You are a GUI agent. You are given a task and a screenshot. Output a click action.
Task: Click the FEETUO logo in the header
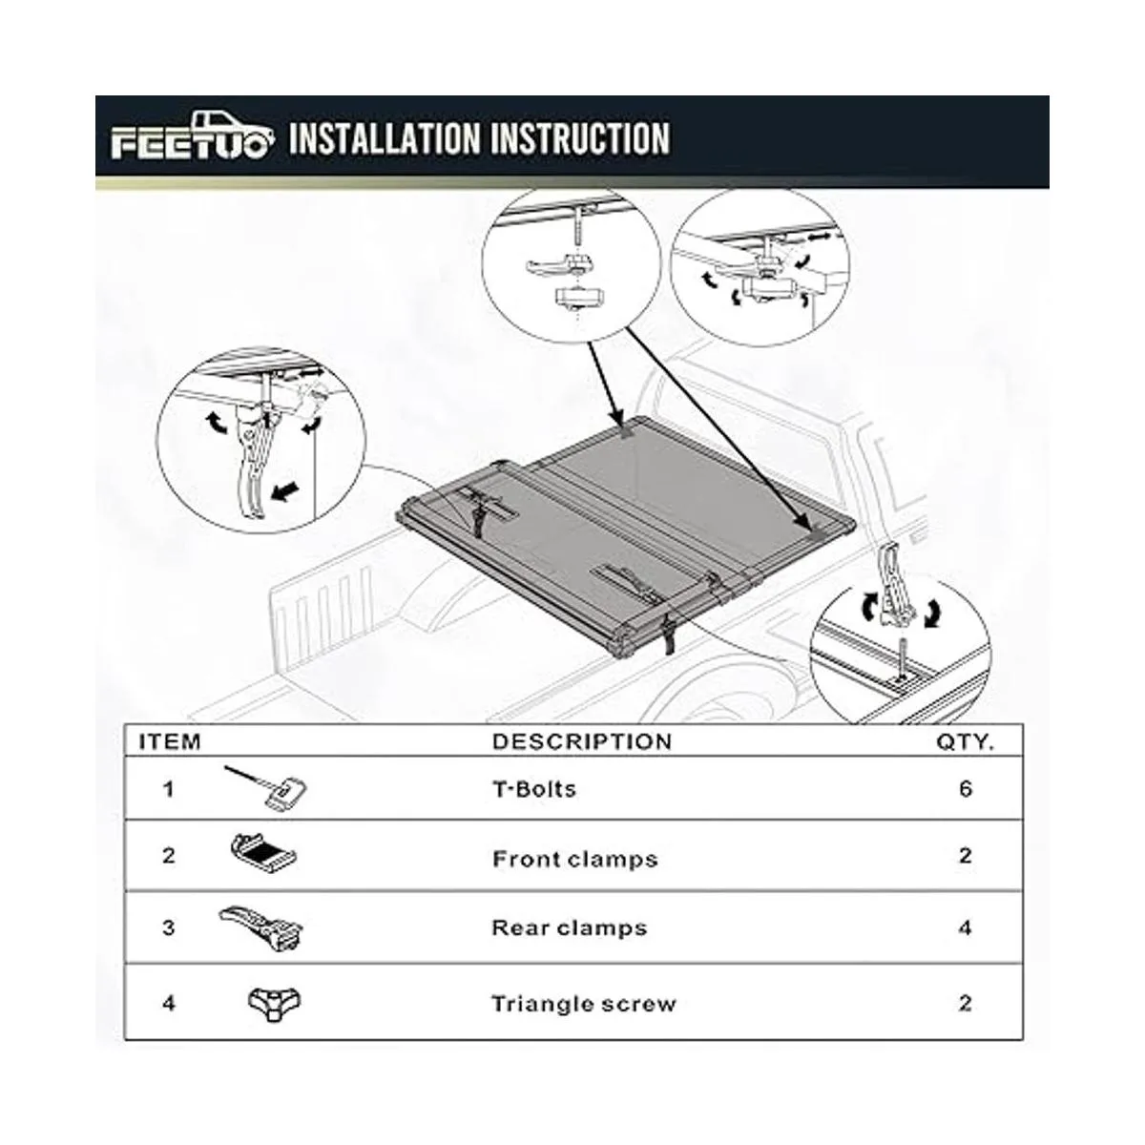click(x=192, y=136)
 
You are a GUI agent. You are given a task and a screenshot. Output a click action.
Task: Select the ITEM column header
click(x=170, y=741)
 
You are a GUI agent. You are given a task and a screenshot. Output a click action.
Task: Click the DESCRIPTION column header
click(x=582, y=741)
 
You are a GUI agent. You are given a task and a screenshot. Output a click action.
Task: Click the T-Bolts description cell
click(x=534, y=789)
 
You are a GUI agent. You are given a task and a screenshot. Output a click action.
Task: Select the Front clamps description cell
click(x=575, y=859)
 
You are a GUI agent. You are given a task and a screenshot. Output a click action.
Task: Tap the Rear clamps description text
click(x=570, y=928)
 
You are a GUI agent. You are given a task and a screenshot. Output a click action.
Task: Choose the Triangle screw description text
click(x=584, y=1004)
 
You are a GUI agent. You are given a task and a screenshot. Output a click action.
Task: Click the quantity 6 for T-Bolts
click(x=966, y=788)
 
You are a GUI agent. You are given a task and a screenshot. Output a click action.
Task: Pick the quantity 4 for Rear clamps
click(x=966, y=928)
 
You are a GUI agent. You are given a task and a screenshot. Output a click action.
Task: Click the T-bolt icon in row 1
click(x=267, y=786)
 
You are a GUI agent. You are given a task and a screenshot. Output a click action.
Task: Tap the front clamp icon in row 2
click(x=263, y=854)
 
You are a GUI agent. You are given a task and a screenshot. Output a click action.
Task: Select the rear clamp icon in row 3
click(x=261, y=928)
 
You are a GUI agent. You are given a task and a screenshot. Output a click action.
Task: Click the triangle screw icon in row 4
click(x=274, y=1004)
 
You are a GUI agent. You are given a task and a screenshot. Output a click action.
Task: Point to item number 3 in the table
click(x=169, y=928)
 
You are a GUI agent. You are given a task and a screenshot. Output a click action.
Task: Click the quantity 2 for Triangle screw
click(x=966, y=1004)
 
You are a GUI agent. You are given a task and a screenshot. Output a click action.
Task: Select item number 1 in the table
click(x=169, y=789)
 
